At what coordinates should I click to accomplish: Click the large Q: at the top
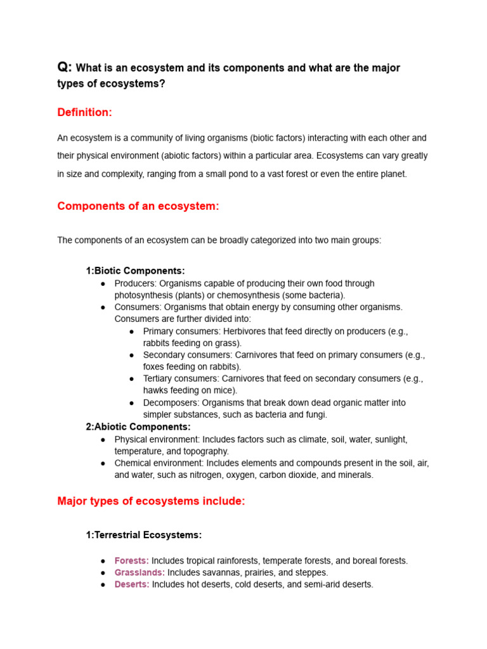pos(65,67)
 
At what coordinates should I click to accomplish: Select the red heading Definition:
pos(84,112)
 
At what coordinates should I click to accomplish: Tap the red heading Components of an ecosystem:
pos(138,206)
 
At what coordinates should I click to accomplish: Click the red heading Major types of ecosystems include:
pos(151,501)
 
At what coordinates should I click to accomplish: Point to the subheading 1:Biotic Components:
pos(135,271)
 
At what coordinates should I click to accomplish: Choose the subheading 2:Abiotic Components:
pos(138,427)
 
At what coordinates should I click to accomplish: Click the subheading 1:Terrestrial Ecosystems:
pos(143,535)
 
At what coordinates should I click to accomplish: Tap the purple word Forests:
pos(131,561)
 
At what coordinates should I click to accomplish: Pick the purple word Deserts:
pos(132,584)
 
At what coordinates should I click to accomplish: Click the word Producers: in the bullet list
pos(135,283)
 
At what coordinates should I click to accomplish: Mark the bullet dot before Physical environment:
pos(103,439)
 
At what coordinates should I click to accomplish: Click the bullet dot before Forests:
pos(103,562)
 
